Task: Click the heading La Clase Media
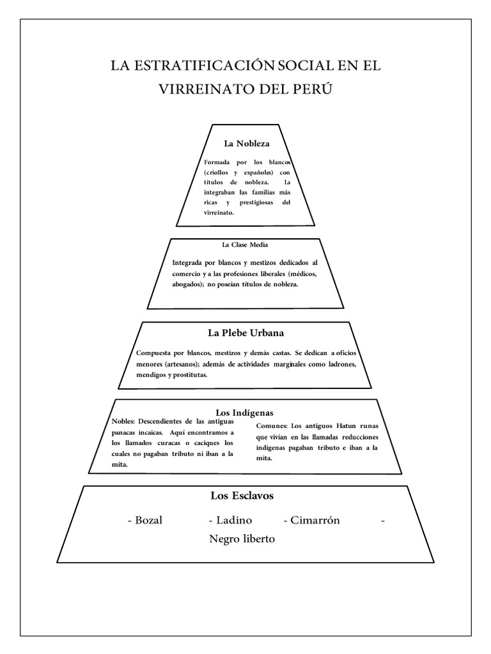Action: click(x=240, y=244)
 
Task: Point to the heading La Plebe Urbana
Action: click(x=246, y=333)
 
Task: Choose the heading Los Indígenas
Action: click(x=246, y=413)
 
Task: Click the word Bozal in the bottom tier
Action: click(x=148, y=520)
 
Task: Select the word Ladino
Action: click(x=234, y=520)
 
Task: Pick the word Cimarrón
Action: click(x=315, y=520)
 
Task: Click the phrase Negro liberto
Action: click(x=242, y=539)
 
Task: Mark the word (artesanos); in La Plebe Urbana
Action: click(x=180, y=364)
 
